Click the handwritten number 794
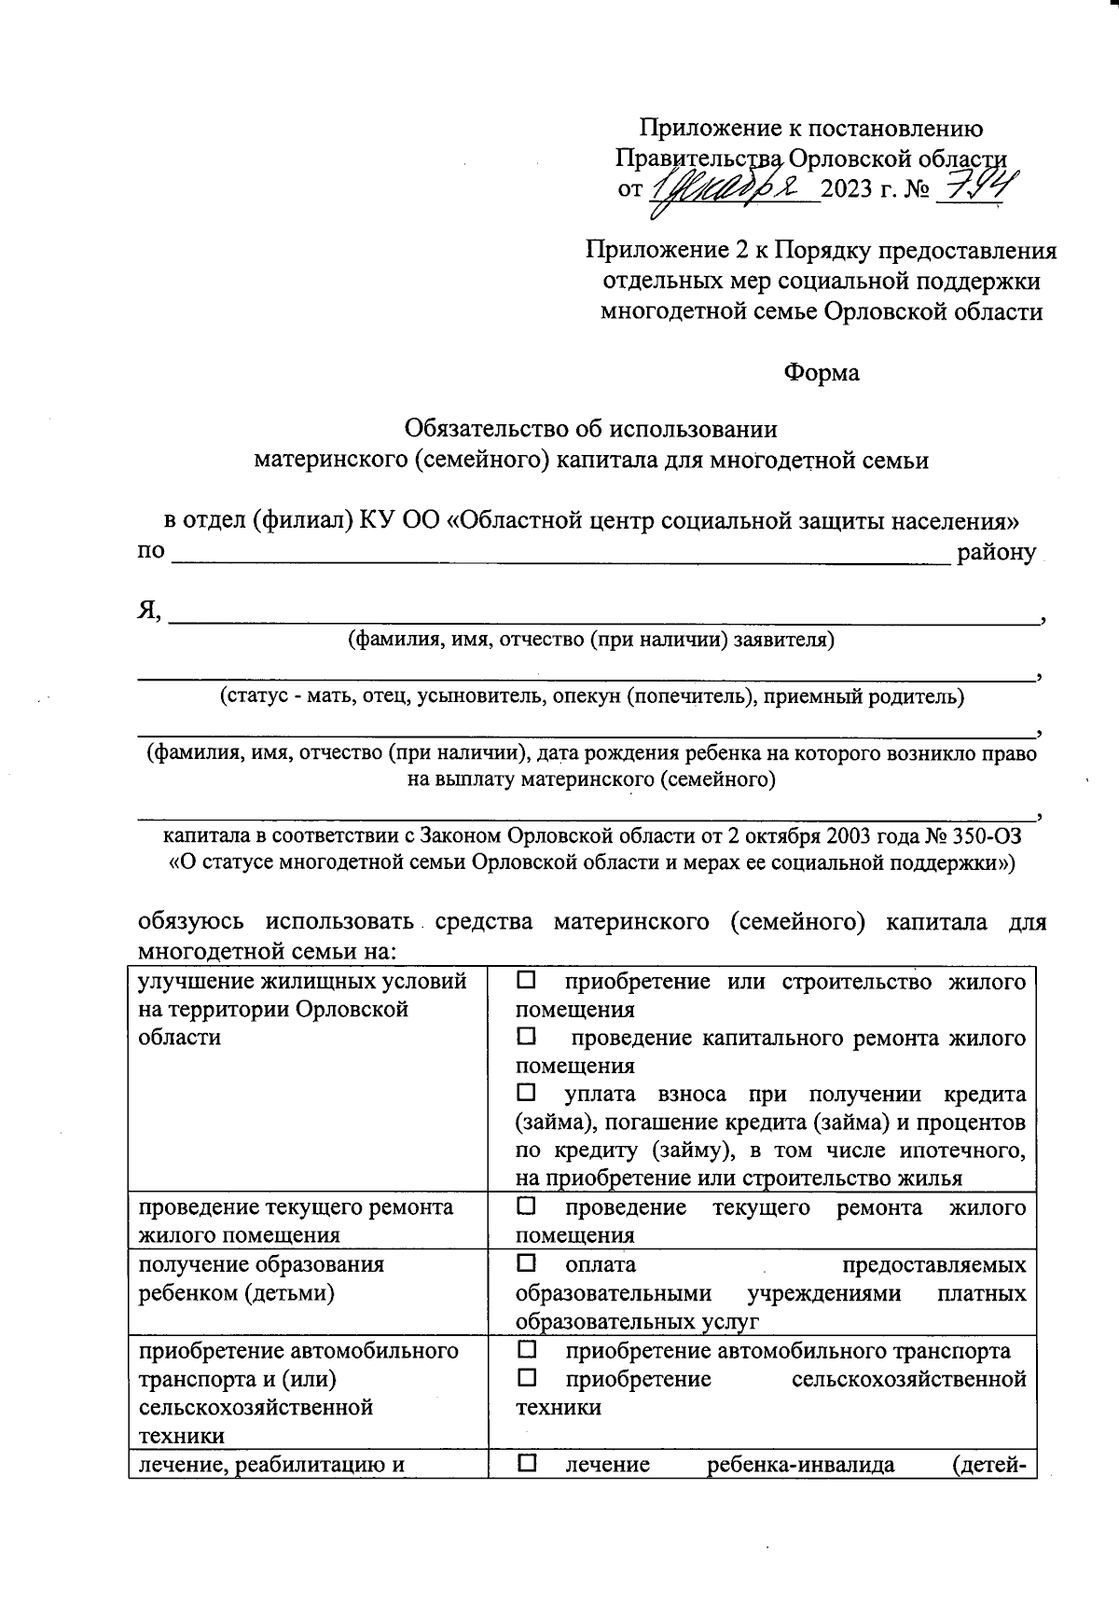click(977, 188)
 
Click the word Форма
click(821, 373)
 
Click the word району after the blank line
click(996, 552)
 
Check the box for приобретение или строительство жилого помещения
click(526, 980)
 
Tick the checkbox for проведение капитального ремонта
click(526, 1036)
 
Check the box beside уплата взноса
click(526, 1092)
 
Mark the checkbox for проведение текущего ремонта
click(526, 1206)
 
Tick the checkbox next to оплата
click(526, 1263)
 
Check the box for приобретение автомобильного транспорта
click(526, 1349)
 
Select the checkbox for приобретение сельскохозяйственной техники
click(526, 1377)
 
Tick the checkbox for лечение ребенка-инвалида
click(526, 1463)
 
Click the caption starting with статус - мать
click(591, 696)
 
